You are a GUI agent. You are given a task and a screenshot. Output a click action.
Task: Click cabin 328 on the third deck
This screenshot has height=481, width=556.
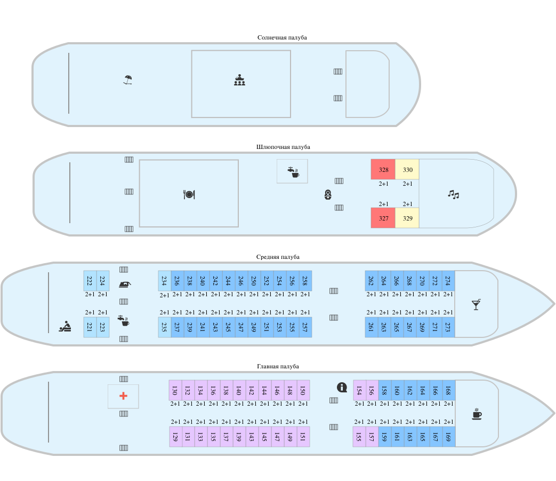click(383, 170)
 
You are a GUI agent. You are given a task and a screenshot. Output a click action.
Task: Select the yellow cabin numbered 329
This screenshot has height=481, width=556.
click(407, 218)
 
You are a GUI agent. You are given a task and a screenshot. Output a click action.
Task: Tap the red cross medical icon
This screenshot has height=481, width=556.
click(123, 396)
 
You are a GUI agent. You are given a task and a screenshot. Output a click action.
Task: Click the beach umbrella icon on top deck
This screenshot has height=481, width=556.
click(127, 80)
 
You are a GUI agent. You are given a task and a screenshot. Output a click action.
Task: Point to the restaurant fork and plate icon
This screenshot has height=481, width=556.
click(189, 194)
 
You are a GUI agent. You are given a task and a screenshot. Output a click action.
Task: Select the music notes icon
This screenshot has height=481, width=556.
click(453, 194)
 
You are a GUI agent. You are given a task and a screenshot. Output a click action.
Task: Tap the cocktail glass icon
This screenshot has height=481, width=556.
click(476, 304)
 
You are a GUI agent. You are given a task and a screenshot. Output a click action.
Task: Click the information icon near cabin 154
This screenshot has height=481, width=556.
click(342, 387)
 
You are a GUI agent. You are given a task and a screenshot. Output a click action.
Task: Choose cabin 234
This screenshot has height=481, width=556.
click(164, 281)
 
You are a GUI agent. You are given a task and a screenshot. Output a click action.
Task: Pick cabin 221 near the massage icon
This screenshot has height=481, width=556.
click(90, 327)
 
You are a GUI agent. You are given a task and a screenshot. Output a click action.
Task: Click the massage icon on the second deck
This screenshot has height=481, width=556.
click(65, 326)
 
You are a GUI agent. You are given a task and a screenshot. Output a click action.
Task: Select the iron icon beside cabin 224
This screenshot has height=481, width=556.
click(125, 284)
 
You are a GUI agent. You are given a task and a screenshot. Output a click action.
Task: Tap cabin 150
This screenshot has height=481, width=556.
click(303, 390)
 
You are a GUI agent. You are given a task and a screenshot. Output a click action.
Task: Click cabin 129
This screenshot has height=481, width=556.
click(175, 437)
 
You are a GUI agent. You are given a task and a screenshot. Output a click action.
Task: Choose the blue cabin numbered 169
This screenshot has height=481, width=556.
click(448, 437)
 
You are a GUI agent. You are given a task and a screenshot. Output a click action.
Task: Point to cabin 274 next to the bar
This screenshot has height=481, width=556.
click(448, 281)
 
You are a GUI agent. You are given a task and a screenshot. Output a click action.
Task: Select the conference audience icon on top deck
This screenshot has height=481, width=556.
click(239, 80)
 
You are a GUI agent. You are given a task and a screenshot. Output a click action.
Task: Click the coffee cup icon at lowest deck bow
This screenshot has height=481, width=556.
click(477, 414)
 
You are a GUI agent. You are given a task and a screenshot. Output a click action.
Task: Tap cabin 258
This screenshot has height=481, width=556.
click(305, 281)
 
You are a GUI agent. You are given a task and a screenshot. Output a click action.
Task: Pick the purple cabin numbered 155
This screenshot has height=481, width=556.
click(359, 437)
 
